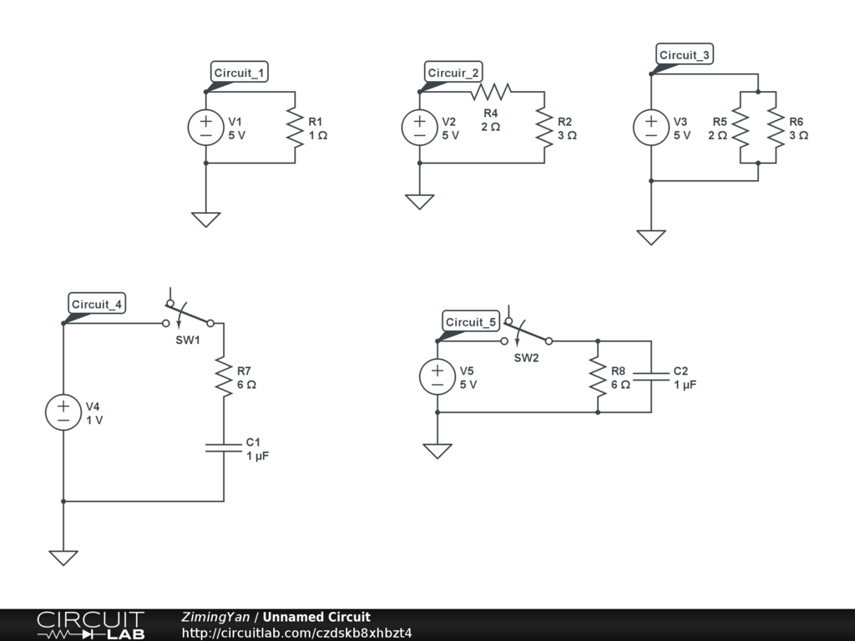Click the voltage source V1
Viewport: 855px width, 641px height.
pyautogui.click(x=205, y=128)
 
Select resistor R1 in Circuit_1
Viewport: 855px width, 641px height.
pyautogui.click(x=295, y=128)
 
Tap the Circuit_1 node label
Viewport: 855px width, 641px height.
pyautogui.click(x=240, y=73)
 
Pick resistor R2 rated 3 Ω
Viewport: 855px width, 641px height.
pyautogui.click(x=544, y=128)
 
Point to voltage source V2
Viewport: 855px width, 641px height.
pyautogui.click(x=419, y=128)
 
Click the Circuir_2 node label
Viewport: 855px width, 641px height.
pyautogui.click(x=453, y=73)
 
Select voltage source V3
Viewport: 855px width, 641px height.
pyautogui.click(x=650, y=128)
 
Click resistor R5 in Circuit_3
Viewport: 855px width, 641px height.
pyautogui.click(x=740, y=128)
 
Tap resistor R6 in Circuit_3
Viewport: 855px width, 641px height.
pyautogui.click(x=776, y=128)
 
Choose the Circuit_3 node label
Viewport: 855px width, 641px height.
pyautogui.click(x=685, y=55)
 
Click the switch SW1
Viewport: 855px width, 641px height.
pyautogui.click(x=188, y=318)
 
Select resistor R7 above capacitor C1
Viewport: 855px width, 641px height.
pyautogui.click(x=224, y=376)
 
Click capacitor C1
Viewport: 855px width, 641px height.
pyautogui.click(x=224, y=448)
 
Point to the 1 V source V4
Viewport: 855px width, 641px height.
pyautogui.click(x=63, y=413)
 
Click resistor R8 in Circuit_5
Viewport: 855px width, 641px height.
pyautogui.click(x=598, y=377)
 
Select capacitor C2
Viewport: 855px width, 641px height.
pyautogui.click(x=650, y=377)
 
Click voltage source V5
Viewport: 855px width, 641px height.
pyautogui.click(x=437, y=377)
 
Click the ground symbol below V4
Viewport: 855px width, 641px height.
pyautogui.click(x=63, y=557)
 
